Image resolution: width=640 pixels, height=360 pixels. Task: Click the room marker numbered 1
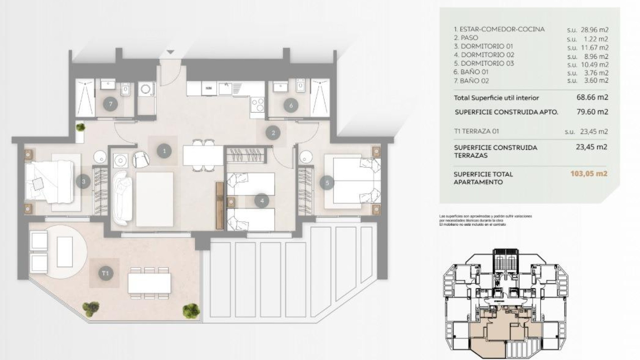click(164, 151)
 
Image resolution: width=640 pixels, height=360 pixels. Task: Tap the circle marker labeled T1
click(105, 273)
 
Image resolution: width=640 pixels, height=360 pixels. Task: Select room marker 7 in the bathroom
click(110, 104)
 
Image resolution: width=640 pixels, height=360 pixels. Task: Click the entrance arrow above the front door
click(170, 52)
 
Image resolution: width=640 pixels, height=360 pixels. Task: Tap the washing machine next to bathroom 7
click(146, 89)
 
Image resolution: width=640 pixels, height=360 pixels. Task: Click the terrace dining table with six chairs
click(149, 283)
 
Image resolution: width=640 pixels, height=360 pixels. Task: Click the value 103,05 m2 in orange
click(589, 174)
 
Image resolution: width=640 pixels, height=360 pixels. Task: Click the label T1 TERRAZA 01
click(476, 131)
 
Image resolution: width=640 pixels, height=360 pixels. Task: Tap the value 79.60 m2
click(592, 112)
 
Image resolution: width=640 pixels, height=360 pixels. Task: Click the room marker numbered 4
click(262, 201)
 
